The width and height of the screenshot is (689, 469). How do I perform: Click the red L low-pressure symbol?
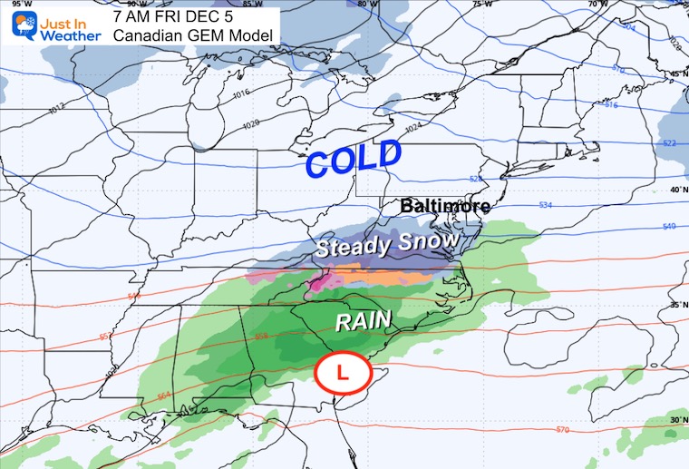[342, 373]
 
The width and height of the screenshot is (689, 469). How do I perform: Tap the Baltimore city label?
[445, 206]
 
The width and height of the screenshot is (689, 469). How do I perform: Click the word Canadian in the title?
[145, 34]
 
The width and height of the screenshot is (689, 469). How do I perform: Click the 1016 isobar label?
[215, 93]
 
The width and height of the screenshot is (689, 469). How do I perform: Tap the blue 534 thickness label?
[545, 206]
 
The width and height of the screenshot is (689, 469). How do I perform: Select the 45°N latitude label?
[677, 73]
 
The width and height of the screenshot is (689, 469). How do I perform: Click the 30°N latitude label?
[677, 419]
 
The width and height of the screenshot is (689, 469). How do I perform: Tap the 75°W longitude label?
[480, 5]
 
